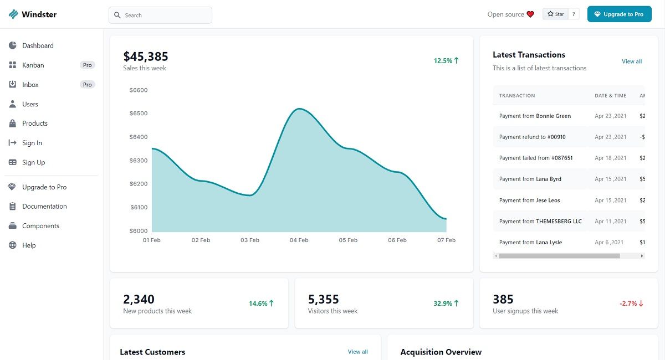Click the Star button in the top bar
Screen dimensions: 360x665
point(556,14)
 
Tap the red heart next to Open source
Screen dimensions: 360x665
point(530,14)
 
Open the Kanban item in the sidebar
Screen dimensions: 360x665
point(33,65)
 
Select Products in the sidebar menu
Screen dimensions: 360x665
point(35,124)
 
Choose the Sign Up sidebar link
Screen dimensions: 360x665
point(33,162)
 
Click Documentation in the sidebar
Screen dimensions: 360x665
point(44,207)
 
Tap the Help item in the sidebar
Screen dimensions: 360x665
point(29,245)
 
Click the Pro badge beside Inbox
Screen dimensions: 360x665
point(87,85)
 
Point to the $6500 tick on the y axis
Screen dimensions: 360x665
point(139,114)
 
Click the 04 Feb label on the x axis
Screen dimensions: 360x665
point(299,240)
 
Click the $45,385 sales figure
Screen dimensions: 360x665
point(146,56)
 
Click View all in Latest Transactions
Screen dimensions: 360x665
point(632,61)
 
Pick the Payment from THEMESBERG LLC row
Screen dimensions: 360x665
point(540,222)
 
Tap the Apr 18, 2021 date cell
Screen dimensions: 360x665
point(611,158)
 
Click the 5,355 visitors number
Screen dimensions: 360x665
point(323,300)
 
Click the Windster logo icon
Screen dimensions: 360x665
point(13,14)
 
